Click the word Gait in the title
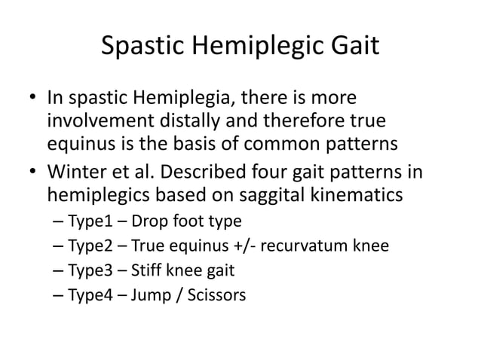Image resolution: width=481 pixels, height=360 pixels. [351, 50]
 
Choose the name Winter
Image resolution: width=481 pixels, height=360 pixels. [78, 174]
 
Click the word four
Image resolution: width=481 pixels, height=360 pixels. [288, 174]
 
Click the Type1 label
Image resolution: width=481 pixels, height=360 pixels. [90, 221]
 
